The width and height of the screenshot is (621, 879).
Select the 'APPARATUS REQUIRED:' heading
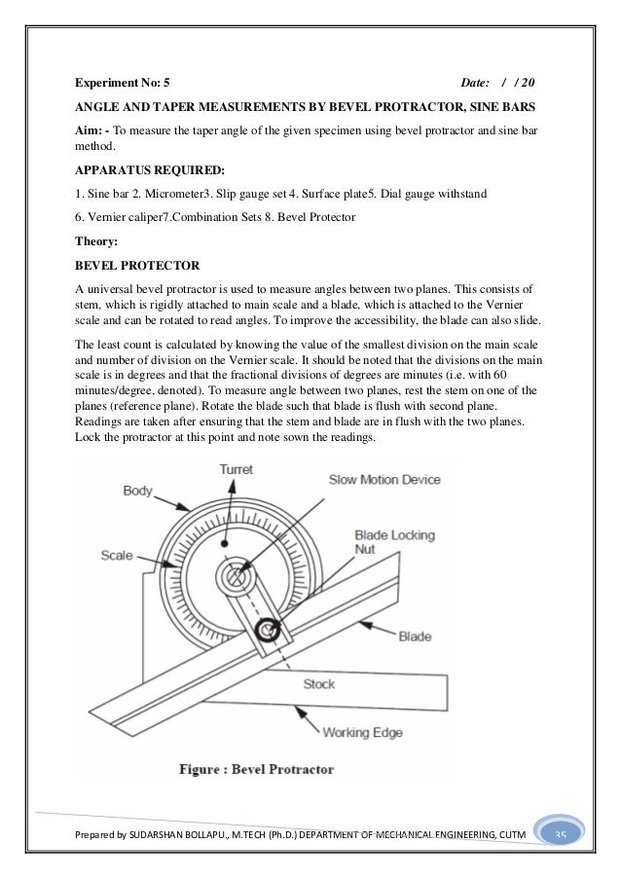142,170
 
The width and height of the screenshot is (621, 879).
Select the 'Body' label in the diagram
137,492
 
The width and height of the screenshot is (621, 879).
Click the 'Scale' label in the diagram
116,556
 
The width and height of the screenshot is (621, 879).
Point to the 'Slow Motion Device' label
384,480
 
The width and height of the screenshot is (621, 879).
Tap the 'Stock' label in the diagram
319,683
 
